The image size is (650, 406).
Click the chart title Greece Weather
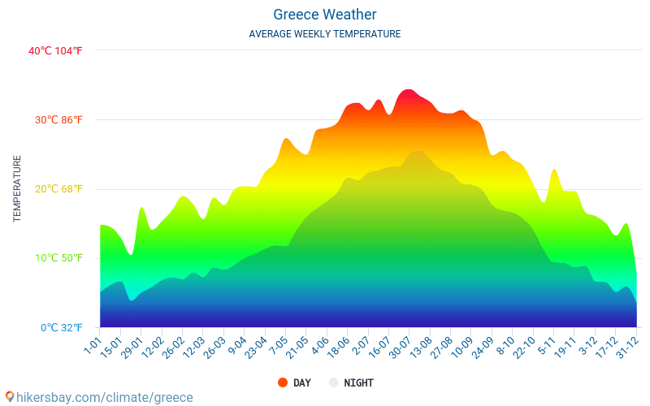click(325, 15)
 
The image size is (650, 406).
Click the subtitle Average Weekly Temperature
click(325, 34)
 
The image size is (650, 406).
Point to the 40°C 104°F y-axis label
click(55, 50)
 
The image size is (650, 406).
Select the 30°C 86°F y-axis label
click(58, 120)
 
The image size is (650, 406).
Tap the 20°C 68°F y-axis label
click(58, 189)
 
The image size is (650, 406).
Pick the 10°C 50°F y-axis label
click(58, 258)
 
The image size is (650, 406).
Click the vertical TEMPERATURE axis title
click(17, 189)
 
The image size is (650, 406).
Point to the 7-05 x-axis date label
click(278, 348)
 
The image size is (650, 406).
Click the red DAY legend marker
click(283, 382)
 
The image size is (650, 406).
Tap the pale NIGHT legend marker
click(333, 382)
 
